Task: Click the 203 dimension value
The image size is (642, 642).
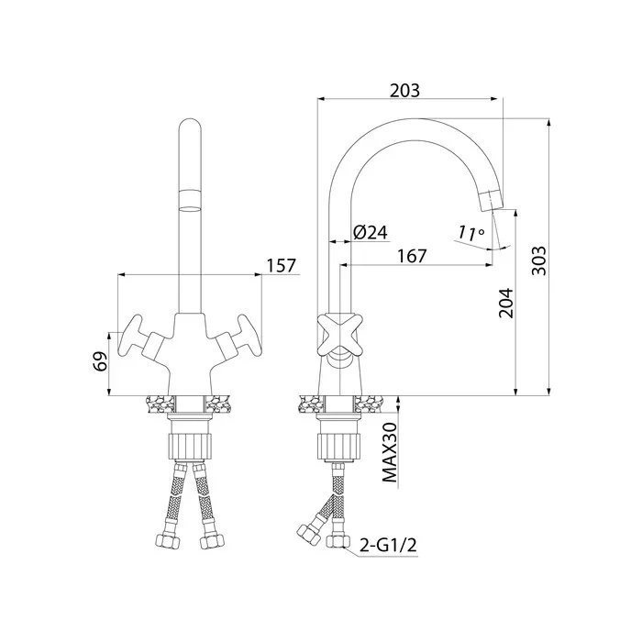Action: [404, 91]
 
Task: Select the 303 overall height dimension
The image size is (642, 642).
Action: [539, 260]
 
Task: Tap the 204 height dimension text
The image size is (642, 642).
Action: [505, 304]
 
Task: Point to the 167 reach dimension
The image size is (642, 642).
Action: [412, 256]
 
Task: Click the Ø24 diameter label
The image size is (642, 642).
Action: [371, 233]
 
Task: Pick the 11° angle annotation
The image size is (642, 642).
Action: [470, 233]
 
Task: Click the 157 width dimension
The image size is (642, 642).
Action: [282, 266]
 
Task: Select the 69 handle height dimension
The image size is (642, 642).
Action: [100, 361]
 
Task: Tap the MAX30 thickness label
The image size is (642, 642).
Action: [390, 452]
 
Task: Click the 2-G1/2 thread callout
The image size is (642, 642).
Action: [388, 545]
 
